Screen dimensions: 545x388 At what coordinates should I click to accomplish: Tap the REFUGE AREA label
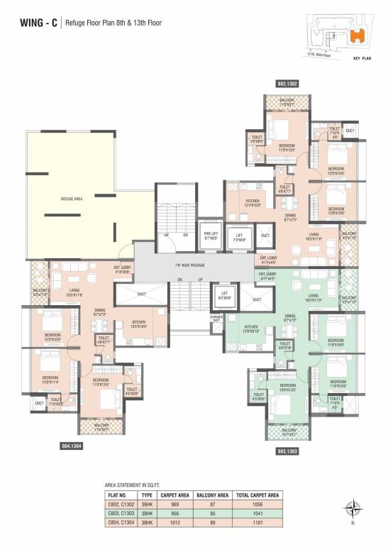coord(72,199)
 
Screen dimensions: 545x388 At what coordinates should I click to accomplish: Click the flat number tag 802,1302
coord(287,84)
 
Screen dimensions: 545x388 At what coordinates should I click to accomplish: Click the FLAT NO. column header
coord(118,495)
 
